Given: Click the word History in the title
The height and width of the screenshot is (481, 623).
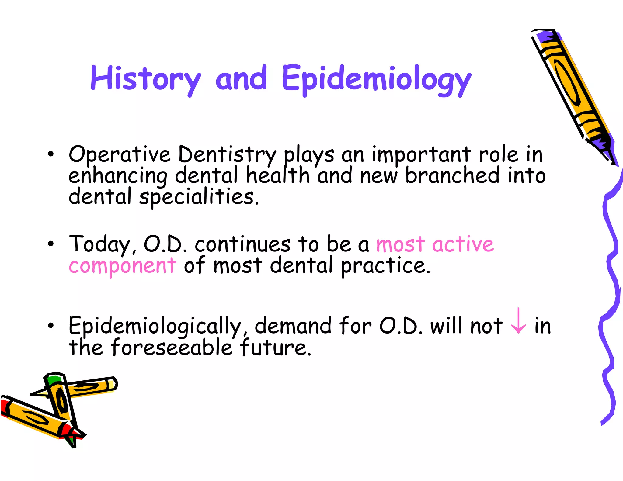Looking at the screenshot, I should coord(145,78).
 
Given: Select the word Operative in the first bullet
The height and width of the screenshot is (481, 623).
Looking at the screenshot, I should coord(119,154).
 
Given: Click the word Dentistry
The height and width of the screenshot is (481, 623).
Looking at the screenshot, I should coord(227,154).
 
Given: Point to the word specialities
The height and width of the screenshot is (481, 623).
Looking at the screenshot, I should coord(197,197).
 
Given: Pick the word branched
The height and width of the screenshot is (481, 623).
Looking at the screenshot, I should coord(452,175).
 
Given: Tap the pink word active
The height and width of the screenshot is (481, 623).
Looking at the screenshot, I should coord(463,244).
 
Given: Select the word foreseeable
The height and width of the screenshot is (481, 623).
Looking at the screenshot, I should coord(172,348).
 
